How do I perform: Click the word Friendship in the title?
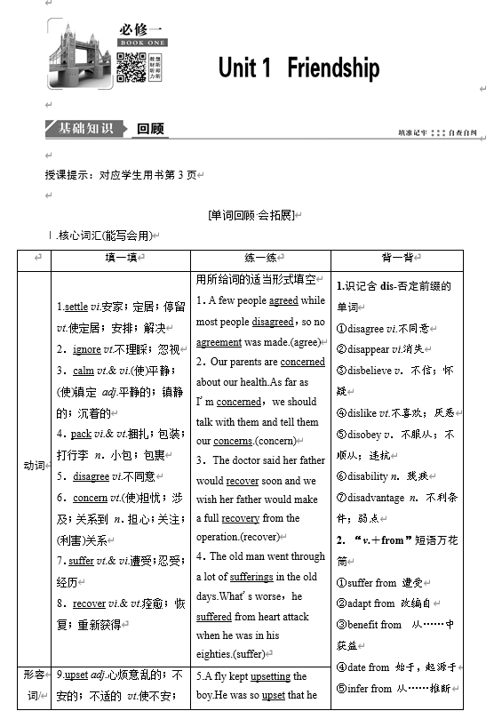click(x=333, y=68)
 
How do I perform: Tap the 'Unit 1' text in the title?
click(x=243, y=68)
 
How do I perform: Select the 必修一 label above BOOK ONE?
click(x=140, y=29)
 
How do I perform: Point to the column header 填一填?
click(x=120, y=257)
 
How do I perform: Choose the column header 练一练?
click(x=260, y=257)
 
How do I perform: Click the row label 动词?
click(x=34, y=465)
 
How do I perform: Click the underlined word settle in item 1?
click(x=76, y=307)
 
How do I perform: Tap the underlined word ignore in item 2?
click(x=86, y=349)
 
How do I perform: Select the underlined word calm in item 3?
click(x=84, y=371)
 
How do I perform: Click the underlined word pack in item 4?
click(x=81, y=434)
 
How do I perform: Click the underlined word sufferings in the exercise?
click(x=250, y=578)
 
